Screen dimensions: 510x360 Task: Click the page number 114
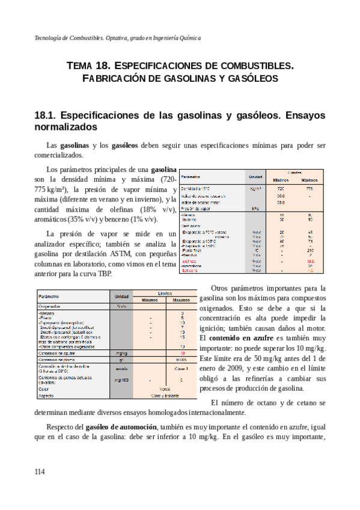(x=40, y=472)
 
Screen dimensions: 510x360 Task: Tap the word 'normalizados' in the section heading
(x=66, y=128)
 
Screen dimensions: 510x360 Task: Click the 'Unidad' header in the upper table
(x=256, y=177)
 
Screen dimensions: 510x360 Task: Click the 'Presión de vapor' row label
(x=195, y=209)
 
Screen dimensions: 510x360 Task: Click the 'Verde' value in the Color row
(x=163, y=389)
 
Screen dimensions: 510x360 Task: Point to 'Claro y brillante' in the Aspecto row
(x=163, y=396)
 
